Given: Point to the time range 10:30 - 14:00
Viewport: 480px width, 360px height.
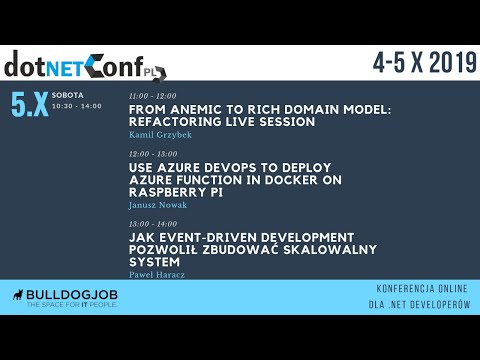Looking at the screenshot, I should [77, 105].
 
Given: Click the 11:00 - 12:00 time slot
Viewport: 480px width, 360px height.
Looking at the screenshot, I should [147, 96].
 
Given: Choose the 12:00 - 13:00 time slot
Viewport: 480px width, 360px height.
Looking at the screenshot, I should [147, 154].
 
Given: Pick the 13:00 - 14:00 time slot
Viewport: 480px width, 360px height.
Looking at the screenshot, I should [147, 224].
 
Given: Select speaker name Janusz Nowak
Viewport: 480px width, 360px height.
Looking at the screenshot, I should [158, 204].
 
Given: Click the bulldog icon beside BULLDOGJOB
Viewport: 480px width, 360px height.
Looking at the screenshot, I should [18, 296].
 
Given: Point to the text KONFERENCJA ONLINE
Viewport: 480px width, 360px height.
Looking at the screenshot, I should [419, 287].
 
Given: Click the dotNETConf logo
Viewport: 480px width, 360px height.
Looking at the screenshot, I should [85, 64].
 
